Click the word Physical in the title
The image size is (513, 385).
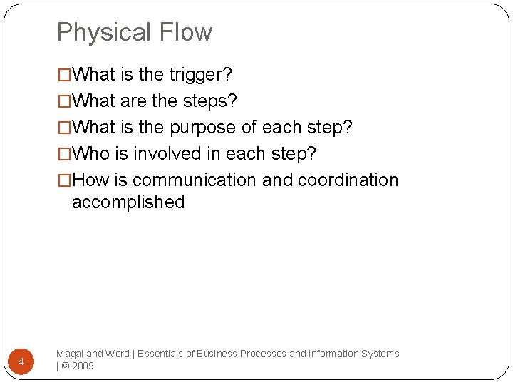pos(104,33)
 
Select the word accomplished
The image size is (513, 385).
pos(128,202)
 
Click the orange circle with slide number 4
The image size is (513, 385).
pos(21,362)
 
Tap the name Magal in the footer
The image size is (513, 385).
pos(69,354)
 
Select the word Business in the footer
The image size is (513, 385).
pos(218,354)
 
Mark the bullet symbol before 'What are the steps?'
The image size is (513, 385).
pos(64,101)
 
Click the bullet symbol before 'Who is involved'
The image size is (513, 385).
pos(64,154)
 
